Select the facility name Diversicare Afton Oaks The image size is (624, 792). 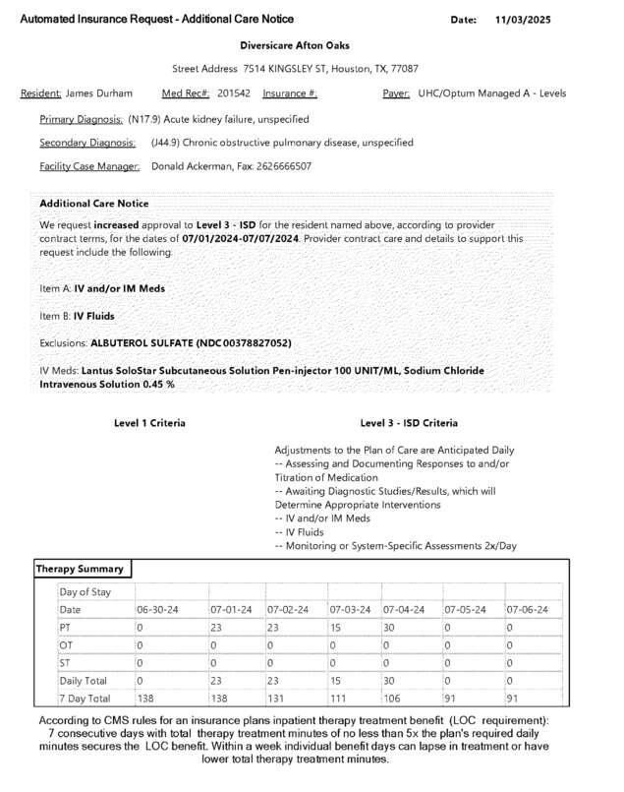[x=294, y=45]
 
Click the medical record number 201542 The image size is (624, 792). [x=234, y=93]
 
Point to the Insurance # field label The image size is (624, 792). [x=290, y=93]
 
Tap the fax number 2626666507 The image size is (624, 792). [x=279, y=166]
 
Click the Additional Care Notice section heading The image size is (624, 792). [x=93, y=203]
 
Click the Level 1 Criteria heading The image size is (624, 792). [x=149, y=423]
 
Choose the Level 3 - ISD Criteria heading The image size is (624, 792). [x=409, y=423]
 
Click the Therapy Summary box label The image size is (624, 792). [x=80, y=569]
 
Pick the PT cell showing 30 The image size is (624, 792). [x=390, y=628]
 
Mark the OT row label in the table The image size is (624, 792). [x=66, y=645]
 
